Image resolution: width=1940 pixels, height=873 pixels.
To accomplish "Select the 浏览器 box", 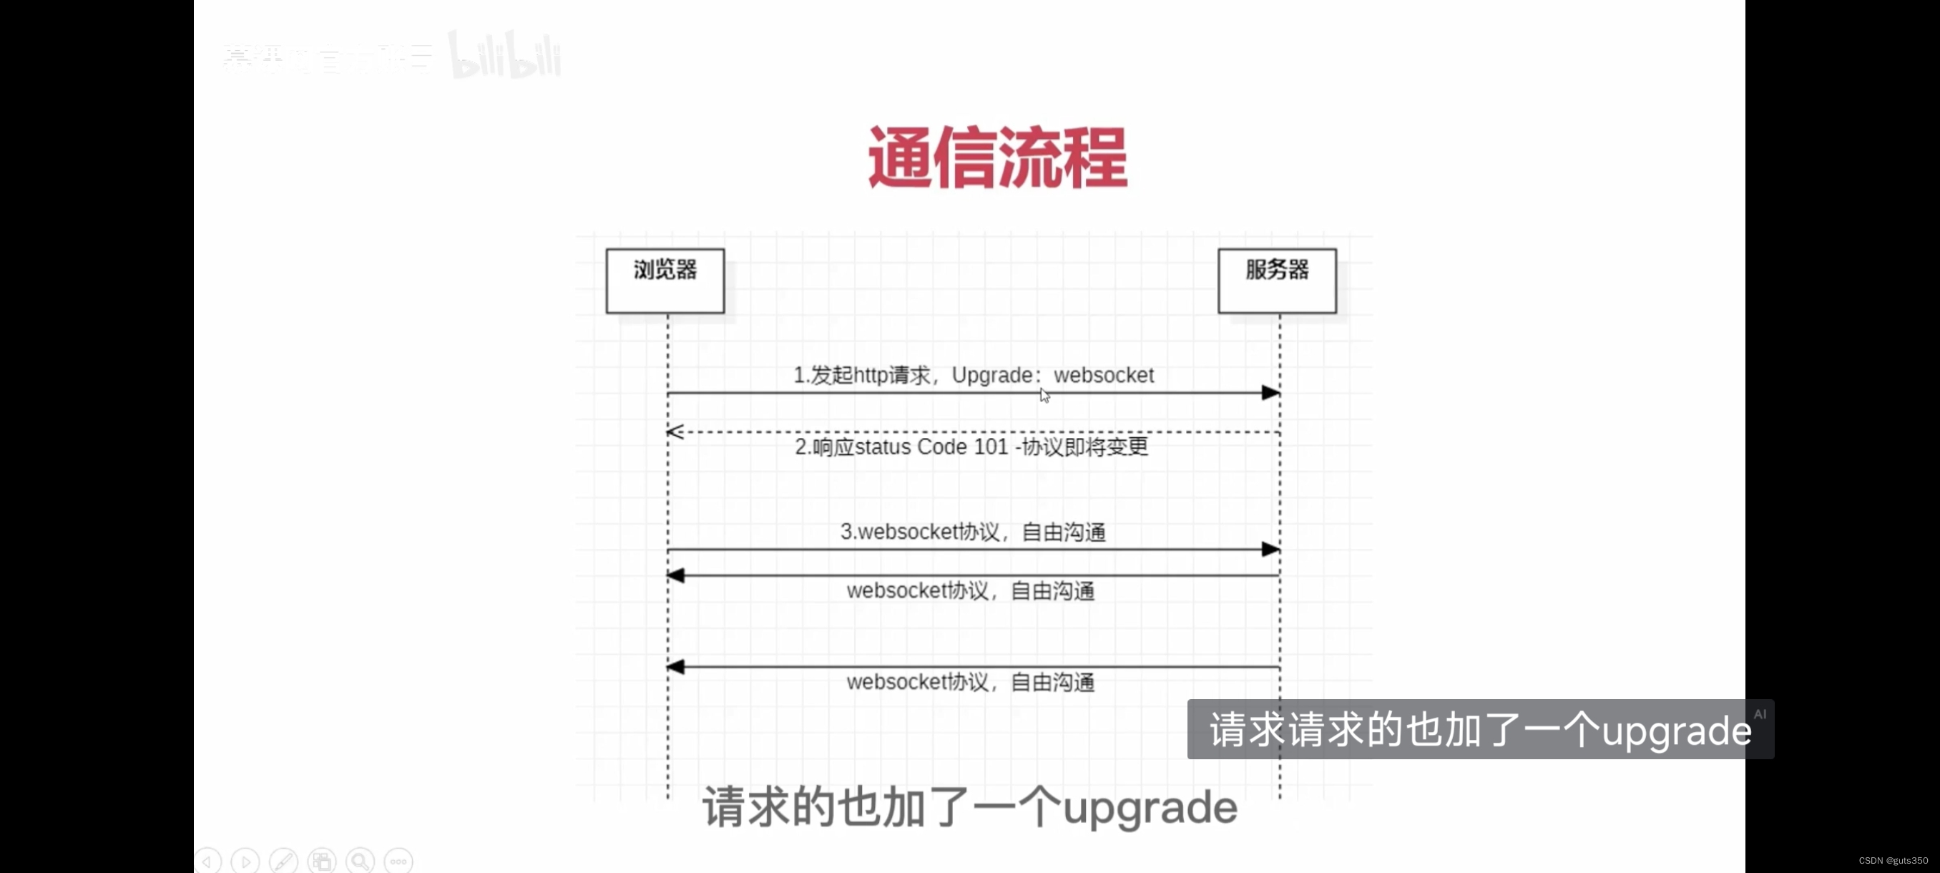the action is point(665,281).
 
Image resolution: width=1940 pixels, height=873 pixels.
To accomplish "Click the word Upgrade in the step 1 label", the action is point(992,375).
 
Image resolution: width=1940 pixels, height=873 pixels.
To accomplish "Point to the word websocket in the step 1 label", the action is point(1103,375).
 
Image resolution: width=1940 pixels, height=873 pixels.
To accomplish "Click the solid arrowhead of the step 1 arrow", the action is point(1270,392).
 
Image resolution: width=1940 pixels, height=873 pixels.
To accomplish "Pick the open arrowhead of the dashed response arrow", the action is point(675,431).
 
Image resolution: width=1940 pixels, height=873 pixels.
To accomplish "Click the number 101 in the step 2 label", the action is point(990,447).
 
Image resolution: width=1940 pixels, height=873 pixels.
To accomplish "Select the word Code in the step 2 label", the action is point(941,447).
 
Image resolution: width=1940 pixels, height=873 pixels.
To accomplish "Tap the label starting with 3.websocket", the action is point(972,532).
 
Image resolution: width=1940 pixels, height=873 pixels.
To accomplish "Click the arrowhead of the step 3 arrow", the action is point(1270,549).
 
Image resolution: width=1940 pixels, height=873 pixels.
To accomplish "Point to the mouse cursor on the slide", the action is point(1044,395).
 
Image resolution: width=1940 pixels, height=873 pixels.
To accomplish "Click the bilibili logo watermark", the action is point(504,54).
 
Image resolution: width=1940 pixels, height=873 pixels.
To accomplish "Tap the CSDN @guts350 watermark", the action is point(1893,860).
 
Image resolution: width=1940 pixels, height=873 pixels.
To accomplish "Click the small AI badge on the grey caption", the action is point(1759,714).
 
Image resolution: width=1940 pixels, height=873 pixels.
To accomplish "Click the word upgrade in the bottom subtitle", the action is point(1150,807).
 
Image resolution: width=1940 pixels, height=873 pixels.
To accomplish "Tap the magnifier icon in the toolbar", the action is point(360,860).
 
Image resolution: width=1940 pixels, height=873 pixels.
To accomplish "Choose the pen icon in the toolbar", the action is point(284,860).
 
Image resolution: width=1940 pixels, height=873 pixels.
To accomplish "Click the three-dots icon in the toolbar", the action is point(398,860).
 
